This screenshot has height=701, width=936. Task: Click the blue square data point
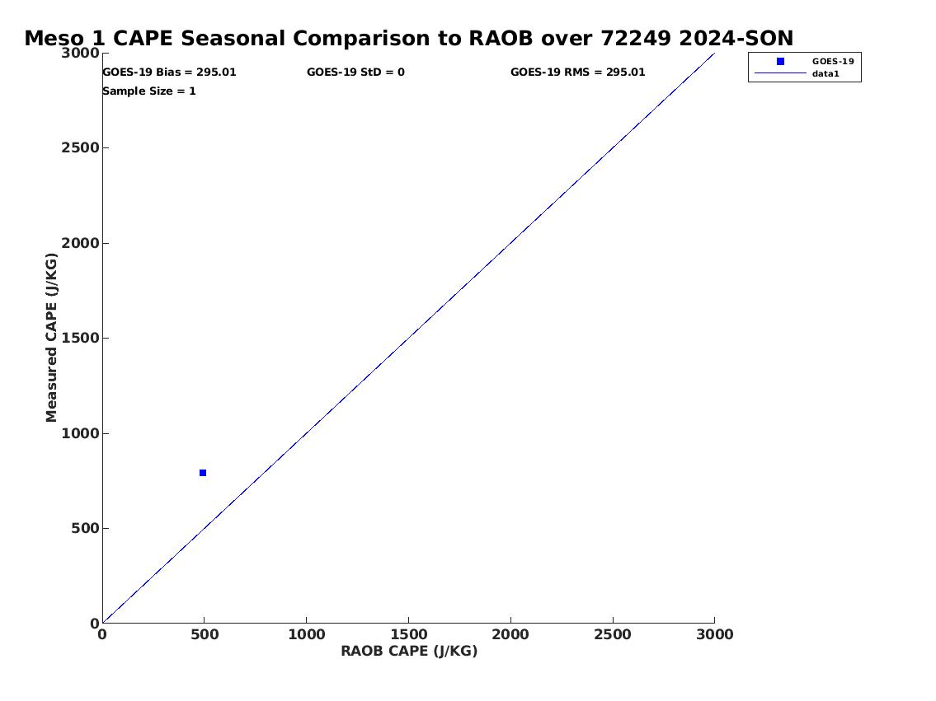click(x=203, y=473)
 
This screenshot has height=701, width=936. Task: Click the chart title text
click(x=409, y=38)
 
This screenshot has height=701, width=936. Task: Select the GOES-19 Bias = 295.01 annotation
click(x=170, y=72)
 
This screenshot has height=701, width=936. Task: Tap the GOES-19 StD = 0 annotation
click(x=355, y=72)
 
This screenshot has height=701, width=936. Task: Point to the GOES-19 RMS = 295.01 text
click(x=578, y=72)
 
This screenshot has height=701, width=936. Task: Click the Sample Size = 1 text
click(x=149, y=91)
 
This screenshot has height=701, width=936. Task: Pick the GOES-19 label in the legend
click(x=833, y=62)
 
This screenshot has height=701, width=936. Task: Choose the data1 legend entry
click(x=825, y=74)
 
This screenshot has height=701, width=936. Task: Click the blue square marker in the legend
click(x=780, y=62)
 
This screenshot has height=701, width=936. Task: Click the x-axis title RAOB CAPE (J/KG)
click(x=409, y=651)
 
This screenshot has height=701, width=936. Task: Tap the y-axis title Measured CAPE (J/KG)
click(x=52, y=338)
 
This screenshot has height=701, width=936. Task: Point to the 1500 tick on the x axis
click(x=409, y=634)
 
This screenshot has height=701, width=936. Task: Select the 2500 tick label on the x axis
click(x=613, y=634)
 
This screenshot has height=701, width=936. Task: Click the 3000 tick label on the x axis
click(x=714, y=634)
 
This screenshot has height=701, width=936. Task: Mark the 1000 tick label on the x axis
click(x=307, y=634)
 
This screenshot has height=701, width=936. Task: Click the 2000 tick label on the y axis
click(x=80, y=243)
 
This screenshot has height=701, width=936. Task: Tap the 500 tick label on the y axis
click(x=85, y=528)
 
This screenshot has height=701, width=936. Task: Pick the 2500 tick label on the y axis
click(x=80, y=147)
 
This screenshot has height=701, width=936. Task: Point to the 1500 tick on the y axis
click(x=80, y=338)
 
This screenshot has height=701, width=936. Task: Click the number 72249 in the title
click(x=637, y=38)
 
